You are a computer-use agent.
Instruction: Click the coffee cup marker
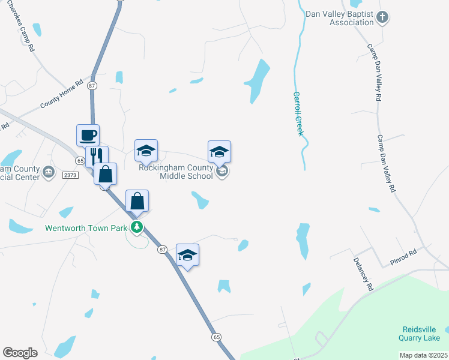point(88,135)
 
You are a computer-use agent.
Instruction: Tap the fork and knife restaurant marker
point(96,157)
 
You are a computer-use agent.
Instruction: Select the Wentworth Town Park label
point(86,228)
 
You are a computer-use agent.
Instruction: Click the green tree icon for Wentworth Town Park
point(137,227)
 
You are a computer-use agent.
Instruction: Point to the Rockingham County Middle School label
point(175,172)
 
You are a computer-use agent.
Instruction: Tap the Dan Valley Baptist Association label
point(339,18)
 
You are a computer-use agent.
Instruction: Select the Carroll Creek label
point(297,113)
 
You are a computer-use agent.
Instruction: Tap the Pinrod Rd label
point(403,259)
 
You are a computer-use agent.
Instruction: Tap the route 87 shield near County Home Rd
point(92,86)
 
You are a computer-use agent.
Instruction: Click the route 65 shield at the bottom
point(215,337)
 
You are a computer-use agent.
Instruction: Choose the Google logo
point(20,352)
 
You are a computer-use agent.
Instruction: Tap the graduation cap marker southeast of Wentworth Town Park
point(187,255)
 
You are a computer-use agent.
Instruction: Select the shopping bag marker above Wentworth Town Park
point(137,202)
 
